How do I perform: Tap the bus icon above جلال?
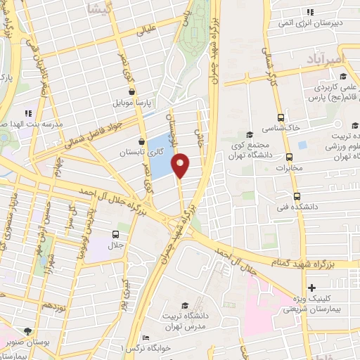point(115,234)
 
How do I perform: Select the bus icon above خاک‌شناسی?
point(281,117)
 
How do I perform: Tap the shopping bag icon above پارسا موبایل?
point(132,91)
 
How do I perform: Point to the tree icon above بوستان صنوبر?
point(27,330)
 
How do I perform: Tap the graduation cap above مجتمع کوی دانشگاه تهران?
point(248,135)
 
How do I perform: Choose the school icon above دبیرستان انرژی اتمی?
point(310,11)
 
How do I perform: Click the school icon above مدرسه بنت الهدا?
point(28,112)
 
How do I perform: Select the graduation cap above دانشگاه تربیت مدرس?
point(184,305)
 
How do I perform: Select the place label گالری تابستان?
point(131,152)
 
